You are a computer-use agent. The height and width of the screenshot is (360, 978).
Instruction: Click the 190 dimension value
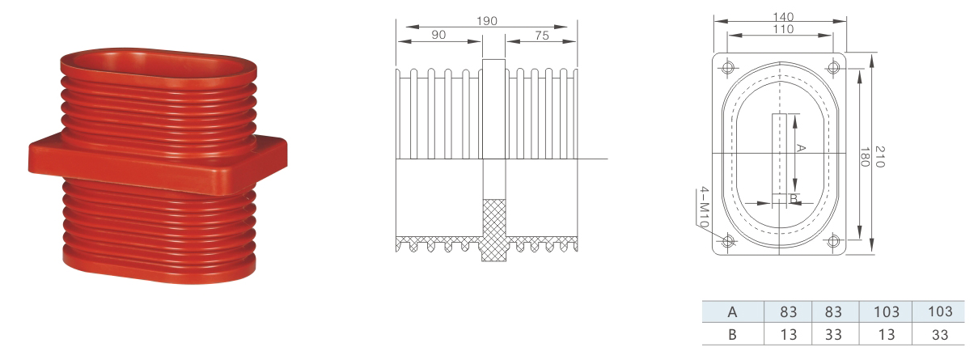click(x=486, y=20)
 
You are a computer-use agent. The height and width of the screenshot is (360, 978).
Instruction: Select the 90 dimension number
click(x=438, y=35)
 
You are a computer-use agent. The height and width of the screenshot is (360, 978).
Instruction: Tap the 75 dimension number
click(x=541, y=36)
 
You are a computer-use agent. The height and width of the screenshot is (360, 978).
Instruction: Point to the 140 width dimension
click(x=783, y=17)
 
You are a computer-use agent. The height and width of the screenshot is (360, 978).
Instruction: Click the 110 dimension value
click(x=783, y=29)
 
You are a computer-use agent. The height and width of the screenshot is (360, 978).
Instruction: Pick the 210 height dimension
click(x=879, y=157)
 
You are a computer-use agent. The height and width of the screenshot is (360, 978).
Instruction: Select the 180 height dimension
click(x=865, y=157)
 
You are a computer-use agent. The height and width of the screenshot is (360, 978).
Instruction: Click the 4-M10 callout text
click(x=704, y=206)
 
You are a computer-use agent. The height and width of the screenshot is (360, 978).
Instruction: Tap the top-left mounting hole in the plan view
click(x=727, y=68)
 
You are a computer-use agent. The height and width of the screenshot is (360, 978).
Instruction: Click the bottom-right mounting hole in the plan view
click(x=833, y=240)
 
